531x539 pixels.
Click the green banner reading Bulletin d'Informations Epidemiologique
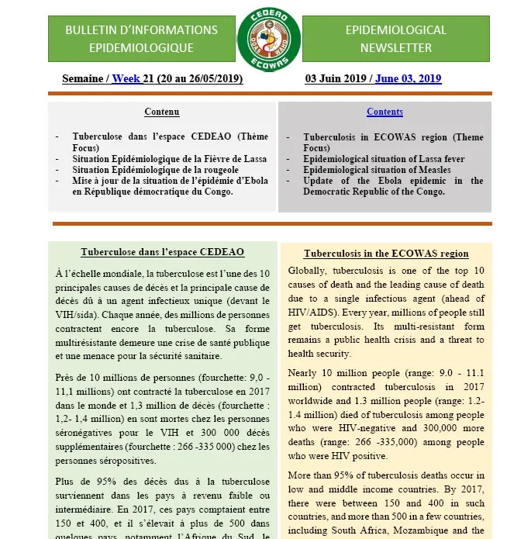(141, 39)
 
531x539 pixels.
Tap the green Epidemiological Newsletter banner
(395, 39)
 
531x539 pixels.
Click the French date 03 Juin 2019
(337, 78)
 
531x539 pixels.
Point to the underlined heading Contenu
(161, 112)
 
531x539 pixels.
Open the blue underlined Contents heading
(384, 112)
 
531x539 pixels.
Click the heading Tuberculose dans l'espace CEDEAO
(162, 253)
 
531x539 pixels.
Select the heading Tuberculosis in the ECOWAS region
(385, 254)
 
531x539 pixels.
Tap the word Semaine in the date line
(82, 78)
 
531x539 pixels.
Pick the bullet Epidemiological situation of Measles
(377, 170)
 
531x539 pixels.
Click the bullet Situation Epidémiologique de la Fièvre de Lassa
(169, 159)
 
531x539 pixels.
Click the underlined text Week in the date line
(126, 78)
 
